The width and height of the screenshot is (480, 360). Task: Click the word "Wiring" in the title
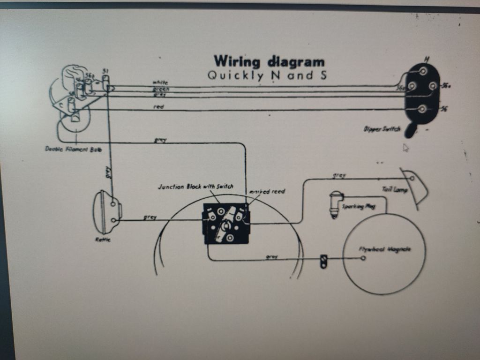tap(236, 61)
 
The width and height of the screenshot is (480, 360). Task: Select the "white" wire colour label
tap(160, 82)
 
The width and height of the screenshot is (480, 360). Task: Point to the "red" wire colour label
tap(159, 107)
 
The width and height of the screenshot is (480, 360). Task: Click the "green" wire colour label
tap(161, 89)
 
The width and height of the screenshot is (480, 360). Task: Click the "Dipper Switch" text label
tap(382, 128)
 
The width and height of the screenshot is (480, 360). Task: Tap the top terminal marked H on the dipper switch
tap(423, 71)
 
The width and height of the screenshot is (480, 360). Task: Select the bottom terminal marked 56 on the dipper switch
tap(422, 109)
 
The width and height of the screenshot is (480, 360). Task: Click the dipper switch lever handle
tap(411, 131)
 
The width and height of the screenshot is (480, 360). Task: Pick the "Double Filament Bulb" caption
tap(73, 150)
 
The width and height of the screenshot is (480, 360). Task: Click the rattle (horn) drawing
tap(106, 212)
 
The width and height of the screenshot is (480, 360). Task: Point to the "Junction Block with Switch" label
tap(195, 186)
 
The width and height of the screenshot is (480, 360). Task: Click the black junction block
tap(225, 224)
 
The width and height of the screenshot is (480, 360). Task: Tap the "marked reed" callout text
tap(267, 191)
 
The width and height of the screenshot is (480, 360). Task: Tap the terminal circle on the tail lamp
tap(412, 178)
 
